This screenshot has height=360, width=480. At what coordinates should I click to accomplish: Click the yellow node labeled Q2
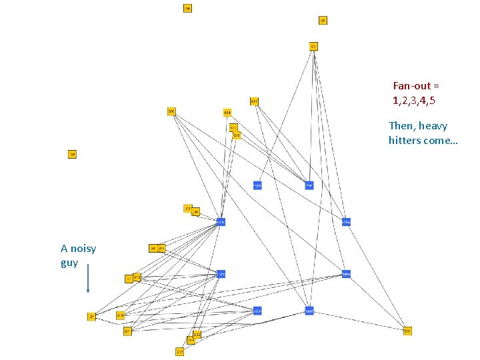pyautogui.click(x=313, y=46)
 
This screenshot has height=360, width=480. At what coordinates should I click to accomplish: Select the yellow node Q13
pyautogui.click(x=254, y=101)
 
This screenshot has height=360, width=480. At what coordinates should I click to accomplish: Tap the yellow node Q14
pyautogui.click(x=227, y=112)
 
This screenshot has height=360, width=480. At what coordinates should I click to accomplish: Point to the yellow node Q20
pyautogui.click(x=171, y=111)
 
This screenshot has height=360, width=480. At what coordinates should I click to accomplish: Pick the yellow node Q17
pyautogui.click(x=180, y=351)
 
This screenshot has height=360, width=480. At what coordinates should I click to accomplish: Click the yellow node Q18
pyautogui.click(x=121, y=315)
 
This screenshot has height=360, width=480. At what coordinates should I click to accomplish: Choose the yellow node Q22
pyautogui.click(x=197, y=334)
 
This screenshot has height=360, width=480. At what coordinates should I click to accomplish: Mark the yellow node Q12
pyautogui.click(x=161, y=248)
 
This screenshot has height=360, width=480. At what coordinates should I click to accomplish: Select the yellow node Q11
pyautogui.click(x=233, y=127)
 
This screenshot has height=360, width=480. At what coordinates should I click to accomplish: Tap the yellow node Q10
pyautogui.click(x=137, y=277)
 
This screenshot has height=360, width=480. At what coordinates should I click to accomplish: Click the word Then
pyautogui.click(x=401, y=126)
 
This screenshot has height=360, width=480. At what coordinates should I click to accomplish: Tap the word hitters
pyautogui.click(x=404, y=141)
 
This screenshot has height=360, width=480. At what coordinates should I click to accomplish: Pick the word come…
pyautogui.click(x=441, y=141)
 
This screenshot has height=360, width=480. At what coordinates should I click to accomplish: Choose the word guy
pyautogui.click(x=69, y=263)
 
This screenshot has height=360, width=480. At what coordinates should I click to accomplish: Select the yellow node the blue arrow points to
pyautogui.click(x=91, y=317)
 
